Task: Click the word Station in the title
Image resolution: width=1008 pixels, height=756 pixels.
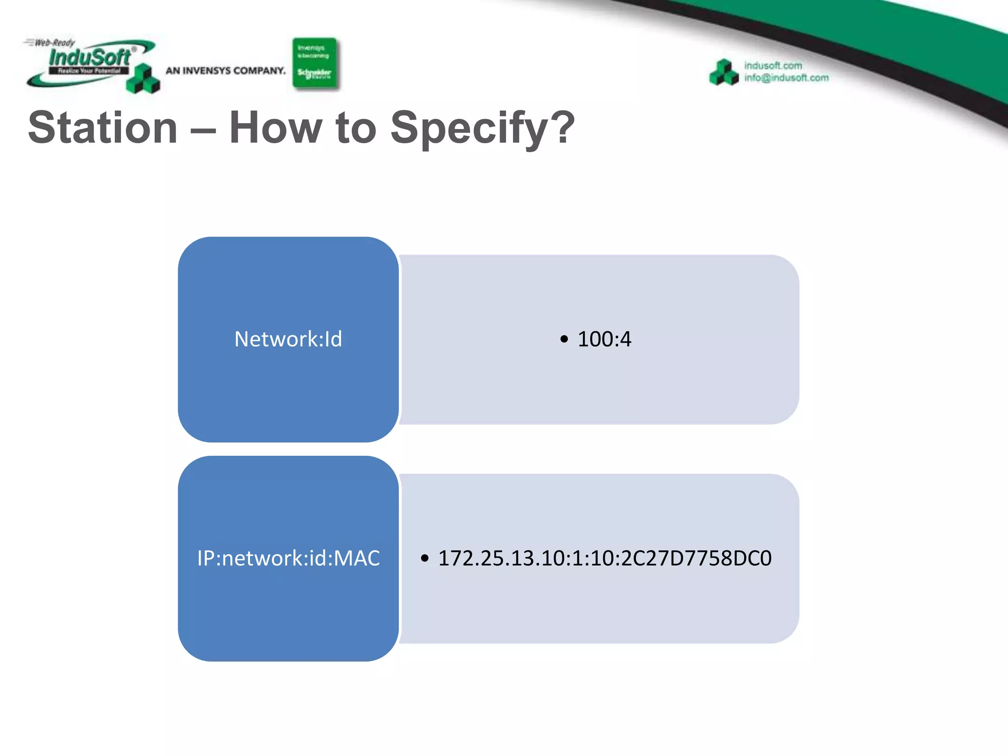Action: [102, 128]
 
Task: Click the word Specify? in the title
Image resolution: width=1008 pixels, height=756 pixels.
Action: [482, 129]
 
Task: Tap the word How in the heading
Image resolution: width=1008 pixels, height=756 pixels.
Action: [275, 128]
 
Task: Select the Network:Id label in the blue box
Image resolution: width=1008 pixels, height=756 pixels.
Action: [288, 339]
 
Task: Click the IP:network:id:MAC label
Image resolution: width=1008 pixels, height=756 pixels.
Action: [288, 558]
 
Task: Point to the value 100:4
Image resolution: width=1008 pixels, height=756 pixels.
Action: [604, 339]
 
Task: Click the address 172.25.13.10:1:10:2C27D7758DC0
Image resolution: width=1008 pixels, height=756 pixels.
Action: [604, 558]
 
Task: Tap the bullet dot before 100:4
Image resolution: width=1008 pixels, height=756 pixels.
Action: [564, 339]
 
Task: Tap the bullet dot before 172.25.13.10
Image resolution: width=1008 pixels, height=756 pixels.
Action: [425, 558]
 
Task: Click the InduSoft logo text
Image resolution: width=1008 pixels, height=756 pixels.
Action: [90, 58]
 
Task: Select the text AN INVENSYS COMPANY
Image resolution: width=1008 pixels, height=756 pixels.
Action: [225, 71]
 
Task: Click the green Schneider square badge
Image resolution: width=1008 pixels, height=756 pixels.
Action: [315, 63]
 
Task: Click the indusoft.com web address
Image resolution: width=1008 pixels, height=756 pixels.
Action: [773, 65]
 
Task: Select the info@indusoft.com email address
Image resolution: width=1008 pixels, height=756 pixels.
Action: [786, 78]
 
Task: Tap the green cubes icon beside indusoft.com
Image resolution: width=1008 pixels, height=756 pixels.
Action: [724, 72]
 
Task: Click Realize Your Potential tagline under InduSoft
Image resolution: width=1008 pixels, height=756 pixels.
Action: [89, 71]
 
